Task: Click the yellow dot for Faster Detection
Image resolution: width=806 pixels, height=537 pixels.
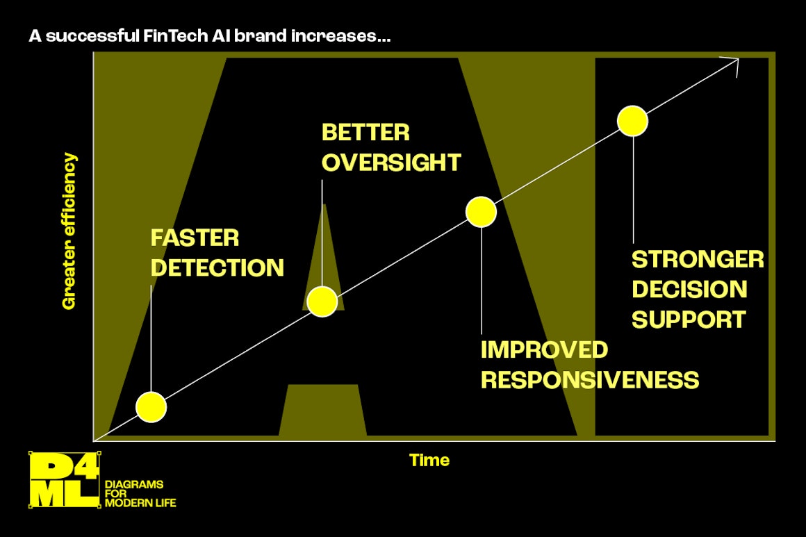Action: point(151,406)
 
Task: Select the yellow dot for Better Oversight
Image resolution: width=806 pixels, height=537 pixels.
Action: point(322,301)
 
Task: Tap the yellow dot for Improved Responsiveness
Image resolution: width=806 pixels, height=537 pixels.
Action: point(481,212)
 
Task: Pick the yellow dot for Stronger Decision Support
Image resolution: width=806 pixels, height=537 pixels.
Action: point(632,122)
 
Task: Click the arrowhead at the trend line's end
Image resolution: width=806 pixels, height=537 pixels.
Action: point(738,60)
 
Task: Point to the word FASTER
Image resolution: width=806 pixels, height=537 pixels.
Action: point(195,238)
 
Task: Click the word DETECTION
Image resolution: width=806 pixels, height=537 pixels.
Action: point(217,267)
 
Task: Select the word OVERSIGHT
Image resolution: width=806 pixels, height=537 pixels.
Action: point(391,163)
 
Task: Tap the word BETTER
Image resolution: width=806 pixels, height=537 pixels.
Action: point(365,133)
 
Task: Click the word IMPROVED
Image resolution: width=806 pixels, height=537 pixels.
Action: point(544,350)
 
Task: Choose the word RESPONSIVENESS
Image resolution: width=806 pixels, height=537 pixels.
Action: point(590,380)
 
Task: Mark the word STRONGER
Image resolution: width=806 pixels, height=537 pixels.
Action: point(698,259)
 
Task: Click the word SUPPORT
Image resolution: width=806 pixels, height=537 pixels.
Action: point(689,320)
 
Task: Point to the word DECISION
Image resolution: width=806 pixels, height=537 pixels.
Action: point(689,289)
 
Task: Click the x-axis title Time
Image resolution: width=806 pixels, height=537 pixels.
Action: point(429,460)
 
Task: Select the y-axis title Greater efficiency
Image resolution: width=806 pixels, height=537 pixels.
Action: point(69,231)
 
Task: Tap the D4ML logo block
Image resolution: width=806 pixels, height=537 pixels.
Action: point(64,480)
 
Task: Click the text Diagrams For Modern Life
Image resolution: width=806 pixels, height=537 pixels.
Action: point(140,494)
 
